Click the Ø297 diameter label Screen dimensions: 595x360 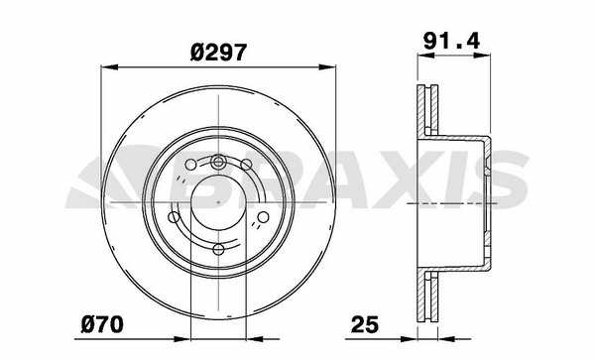(x=218, y=53)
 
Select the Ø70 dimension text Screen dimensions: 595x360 (x=102, y=324)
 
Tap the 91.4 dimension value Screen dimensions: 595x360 (x=451, y=41)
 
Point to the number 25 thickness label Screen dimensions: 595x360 (x=365, y=324)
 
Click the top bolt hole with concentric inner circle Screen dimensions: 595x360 (x=218, y=163)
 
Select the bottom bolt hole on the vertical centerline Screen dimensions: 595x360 (x=218, y=250)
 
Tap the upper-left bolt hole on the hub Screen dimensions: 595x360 (x=190, y=165)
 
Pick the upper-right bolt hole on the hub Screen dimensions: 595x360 (x=246, y=165)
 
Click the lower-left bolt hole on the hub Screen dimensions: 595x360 (x=174, y=217)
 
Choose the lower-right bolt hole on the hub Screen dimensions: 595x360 (x=263, y=217)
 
